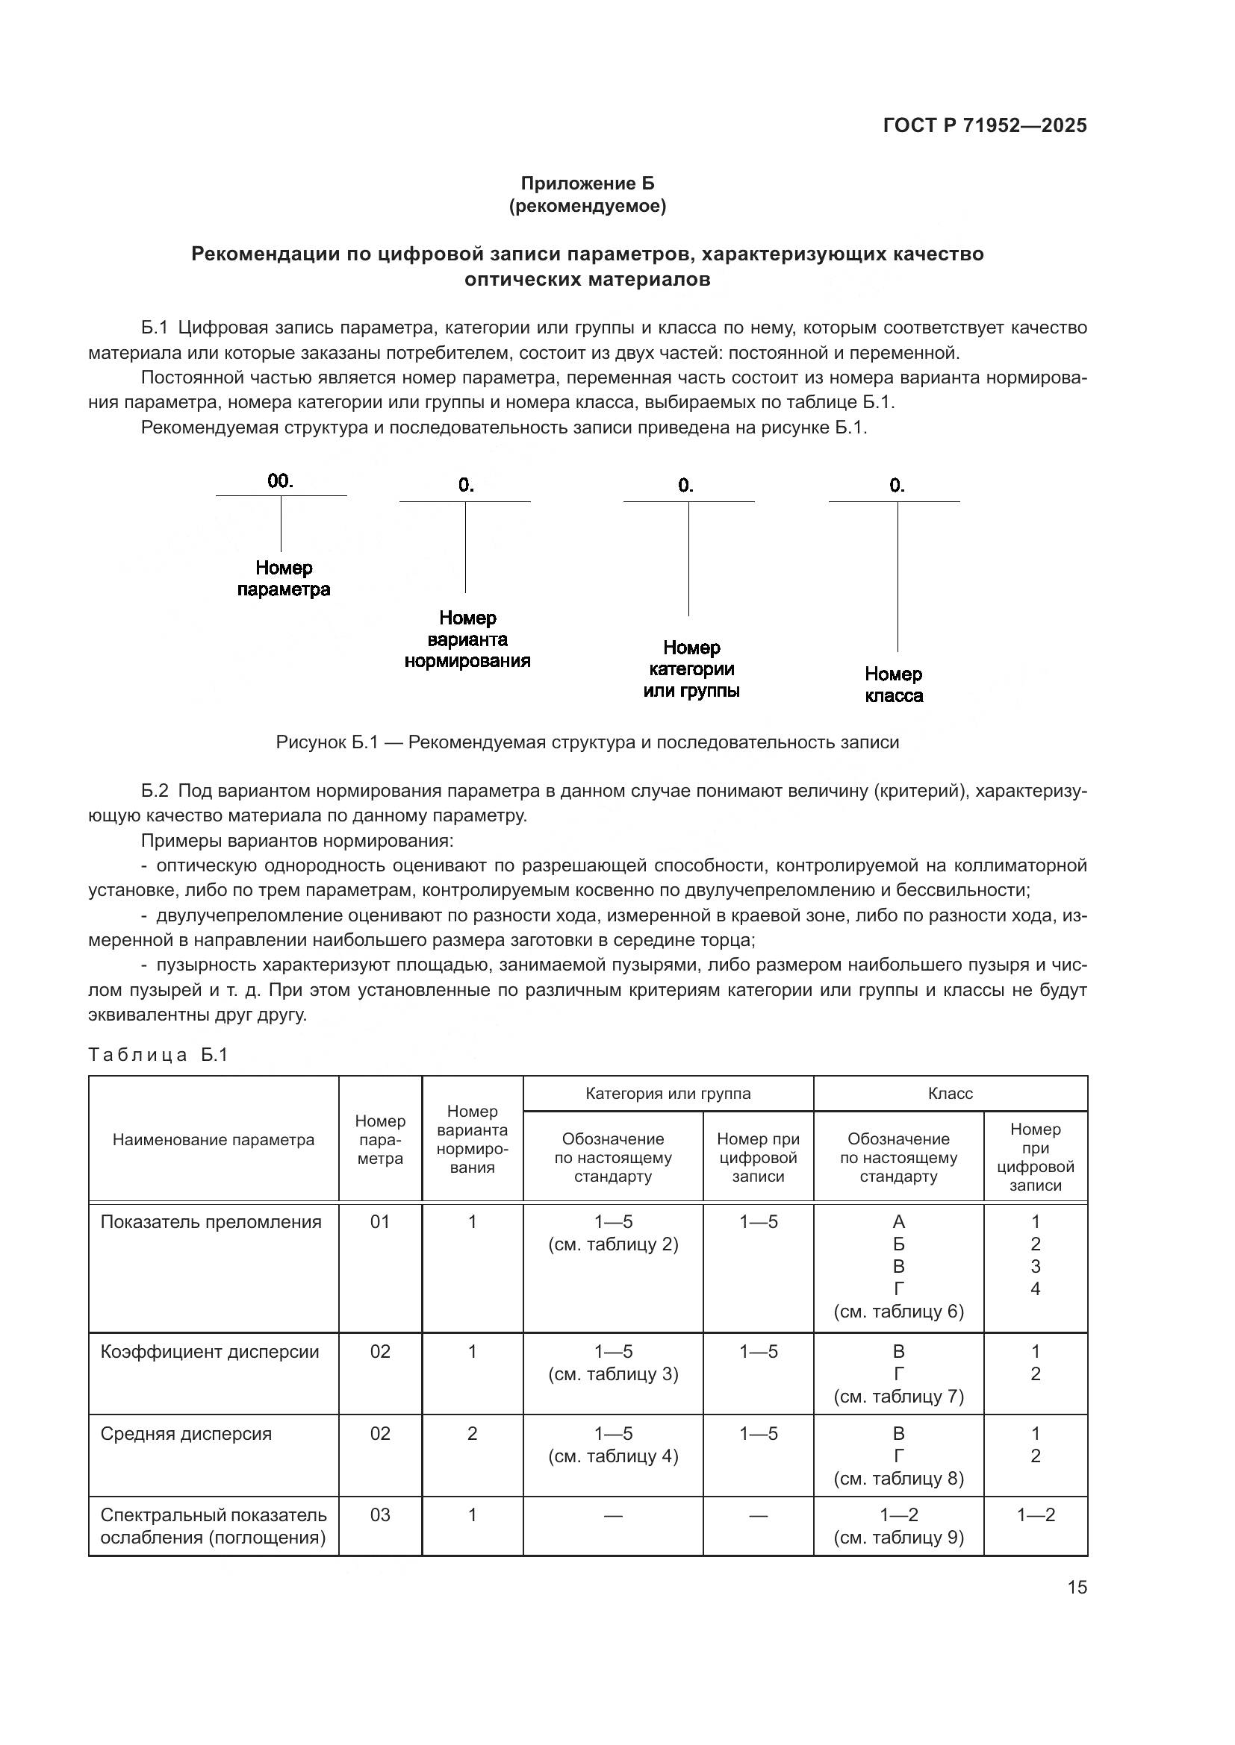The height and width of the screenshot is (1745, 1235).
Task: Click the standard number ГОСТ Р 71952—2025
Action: pyautogui.click(x=985, y=126)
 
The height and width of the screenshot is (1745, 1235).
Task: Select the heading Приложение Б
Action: pyautogui.click(x=587, y=184)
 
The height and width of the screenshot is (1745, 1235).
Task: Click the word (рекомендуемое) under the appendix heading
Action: pyautogui.click(x=587, y=206)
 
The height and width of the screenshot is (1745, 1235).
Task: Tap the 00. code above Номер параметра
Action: pyautogui.click(x=280, y=480)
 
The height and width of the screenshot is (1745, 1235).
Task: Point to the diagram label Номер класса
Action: pyautogui.click(x=894, y=685)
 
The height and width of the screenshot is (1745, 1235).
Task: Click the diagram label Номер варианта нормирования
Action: pyautogui.click(x=467, y=639)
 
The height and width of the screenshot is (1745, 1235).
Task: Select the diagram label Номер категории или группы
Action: pyautogui.click(x=691, y=668)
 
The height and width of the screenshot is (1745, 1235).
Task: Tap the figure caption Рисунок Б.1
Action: pyautogui.click(x=587, y=742)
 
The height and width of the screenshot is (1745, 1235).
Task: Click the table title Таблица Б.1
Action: pyautogui.click(x=158, y=1055)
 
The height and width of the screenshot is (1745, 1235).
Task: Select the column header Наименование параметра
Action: pyautogui.click(x=213, y=1139)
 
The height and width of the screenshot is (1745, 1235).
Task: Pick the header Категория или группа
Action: pyautogui.click(x=668, y=1093)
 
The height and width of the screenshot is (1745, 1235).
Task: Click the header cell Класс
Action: pyautogui.click(x=950, y=1093)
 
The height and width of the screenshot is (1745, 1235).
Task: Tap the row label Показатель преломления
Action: pyautogui.click(x=211, y=1222)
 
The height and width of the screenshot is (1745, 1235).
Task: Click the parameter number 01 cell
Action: pyautogui.click(x=379, y=1222)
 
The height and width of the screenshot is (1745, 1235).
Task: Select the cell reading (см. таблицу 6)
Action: pyautogui.click(x=898, y=1312)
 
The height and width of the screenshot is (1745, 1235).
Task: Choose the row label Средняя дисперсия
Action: pyautogui.click(x=186, y=1433)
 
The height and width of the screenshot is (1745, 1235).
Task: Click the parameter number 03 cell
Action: pyautogui.click(x=379, y=1514)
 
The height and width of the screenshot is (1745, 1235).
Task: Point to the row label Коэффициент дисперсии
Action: pyautogui.click(x=209, y=1351)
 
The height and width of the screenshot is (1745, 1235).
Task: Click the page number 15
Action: pyautogui.click(x=1077, y=1587)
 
